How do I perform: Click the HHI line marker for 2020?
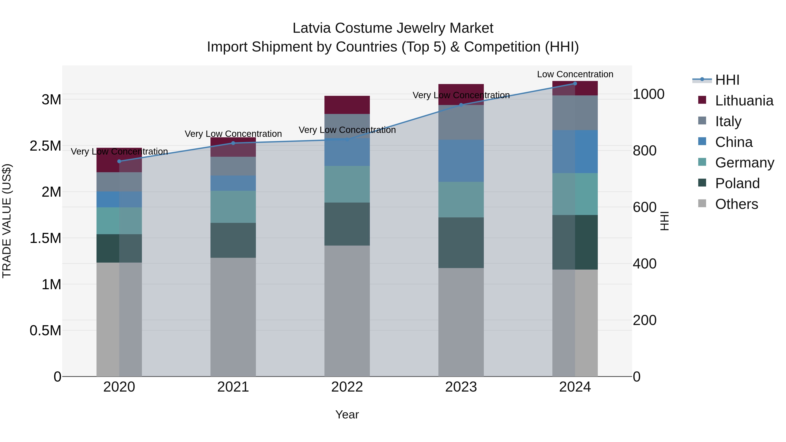pyautogui.click(x=119, y=161)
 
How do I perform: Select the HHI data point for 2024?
pyautogui.click(x=575, y=84)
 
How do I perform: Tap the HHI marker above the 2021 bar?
pyautogui.click(x=233, y=143)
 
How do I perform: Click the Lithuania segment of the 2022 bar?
pyautogui.click(x=347, y=105)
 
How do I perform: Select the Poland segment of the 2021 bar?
pyautogui.click(x=233, y=240)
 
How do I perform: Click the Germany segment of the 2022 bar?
pyautogui.click(x=347, y=184)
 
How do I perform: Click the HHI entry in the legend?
pyautogui.click(x=727, y=80)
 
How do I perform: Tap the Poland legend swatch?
pyautogui.click(x=702, y=183)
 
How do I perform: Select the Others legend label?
pyautogui.click(x=737, y=204)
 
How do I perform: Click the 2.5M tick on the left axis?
pyautogui.click(x=45, y=146)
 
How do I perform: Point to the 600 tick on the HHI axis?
pyautogui.click(x=645, y=207)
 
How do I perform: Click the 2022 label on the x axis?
pyautogui.click(x=347, y=387)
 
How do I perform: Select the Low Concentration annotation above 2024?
pyautogui.click(x=575, y=74)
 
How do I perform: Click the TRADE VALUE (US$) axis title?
pyautogui.click(x=7, y=221)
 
